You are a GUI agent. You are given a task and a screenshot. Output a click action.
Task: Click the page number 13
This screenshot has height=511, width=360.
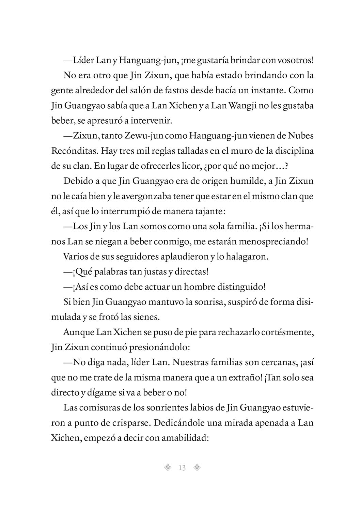pos(182,468)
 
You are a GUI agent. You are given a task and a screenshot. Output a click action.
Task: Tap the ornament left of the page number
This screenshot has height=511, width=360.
pos(167,468)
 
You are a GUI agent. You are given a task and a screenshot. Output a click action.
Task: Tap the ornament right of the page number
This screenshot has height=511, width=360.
pos(197,468)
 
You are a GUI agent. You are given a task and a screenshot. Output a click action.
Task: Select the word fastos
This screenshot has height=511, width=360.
pos(167,90)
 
